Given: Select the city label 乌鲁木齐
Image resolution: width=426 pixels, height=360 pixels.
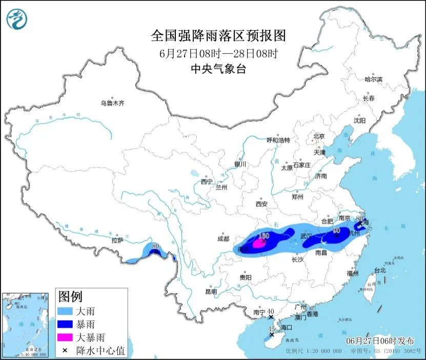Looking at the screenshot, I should tap(112, 103).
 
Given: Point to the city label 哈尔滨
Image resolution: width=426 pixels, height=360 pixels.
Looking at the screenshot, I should tap(373, 79).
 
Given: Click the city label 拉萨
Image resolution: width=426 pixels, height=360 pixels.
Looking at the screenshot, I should tap(117, 239).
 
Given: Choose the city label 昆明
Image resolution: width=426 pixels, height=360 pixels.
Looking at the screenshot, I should tap(211, 291).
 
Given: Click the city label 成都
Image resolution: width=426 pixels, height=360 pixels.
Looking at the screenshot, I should tap(223, 238).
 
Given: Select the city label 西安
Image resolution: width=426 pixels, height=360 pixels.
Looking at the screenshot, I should tap(261, 204).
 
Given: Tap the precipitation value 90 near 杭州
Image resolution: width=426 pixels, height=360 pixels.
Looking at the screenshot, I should tap(337, 231).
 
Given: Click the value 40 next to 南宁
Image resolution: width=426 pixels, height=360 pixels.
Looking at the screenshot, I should tap(271, 311).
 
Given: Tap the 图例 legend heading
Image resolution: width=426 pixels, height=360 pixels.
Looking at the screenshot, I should tap(70, 296).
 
